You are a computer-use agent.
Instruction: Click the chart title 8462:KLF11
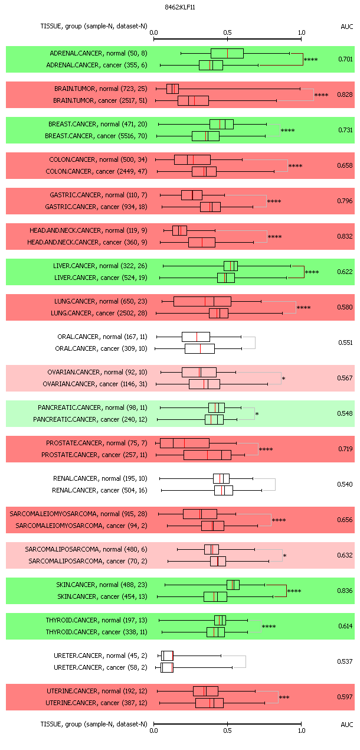[x=179, y=7]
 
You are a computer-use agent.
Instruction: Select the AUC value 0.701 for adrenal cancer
[x=345, y=59]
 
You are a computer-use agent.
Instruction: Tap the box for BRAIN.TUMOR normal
[x=173, y=89]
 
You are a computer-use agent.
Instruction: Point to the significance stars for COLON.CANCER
[x=295, y=166]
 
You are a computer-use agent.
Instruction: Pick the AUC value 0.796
[x=345, y=201]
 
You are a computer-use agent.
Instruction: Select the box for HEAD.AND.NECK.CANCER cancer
[x=202, y=242]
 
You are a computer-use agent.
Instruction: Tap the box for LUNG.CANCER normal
[x=202, y=301]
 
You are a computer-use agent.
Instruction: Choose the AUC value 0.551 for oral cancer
[x=345, y=343]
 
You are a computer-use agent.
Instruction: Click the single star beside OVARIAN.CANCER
[x=283, y=379]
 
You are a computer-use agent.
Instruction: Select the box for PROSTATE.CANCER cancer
[x=207, y=455]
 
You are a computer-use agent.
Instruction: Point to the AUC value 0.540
[x=345, y=484]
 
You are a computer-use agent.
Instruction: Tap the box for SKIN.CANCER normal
[x=233, y=585]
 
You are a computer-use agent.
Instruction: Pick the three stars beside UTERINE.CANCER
[x=284, y=697]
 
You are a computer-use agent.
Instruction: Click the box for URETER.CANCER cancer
[x=167, y=668]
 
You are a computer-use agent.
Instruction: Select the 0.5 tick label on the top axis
[x=227, y=32]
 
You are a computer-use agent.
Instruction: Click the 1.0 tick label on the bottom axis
[x=302, y=731]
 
